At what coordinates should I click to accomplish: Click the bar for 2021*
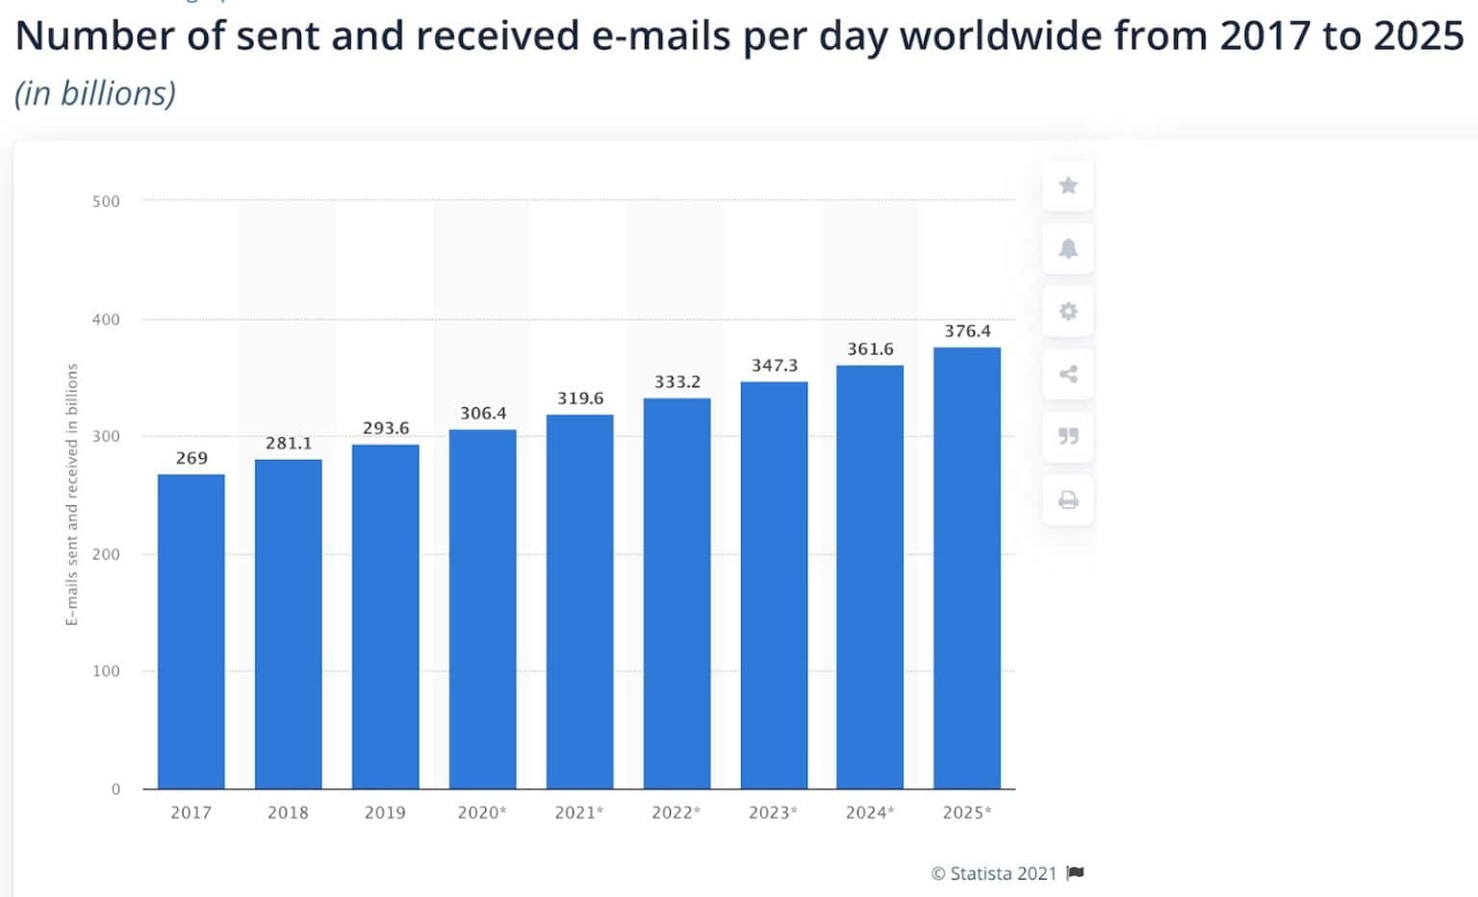579,602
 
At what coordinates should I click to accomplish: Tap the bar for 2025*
967,568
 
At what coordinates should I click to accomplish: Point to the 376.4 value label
967,331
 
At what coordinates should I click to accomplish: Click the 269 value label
191,458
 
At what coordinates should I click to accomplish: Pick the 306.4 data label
483,413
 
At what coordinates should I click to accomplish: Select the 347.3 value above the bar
775,366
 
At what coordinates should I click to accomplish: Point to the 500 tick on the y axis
106,201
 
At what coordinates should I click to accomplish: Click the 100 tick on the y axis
106,671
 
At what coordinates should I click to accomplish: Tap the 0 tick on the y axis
115,789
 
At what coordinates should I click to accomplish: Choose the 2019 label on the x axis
385,812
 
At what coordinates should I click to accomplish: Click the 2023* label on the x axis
774,812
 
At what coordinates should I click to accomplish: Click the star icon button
1068,186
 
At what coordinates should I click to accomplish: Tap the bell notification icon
1068,248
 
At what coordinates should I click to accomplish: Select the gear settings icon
1068,311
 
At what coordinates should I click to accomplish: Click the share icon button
1068,374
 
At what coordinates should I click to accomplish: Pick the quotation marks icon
1068,436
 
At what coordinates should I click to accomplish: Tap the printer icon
1068,500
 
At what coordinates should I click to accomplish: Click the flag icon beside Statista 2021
1076,873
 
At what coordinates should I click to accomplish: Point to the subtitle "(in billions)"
95,93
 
